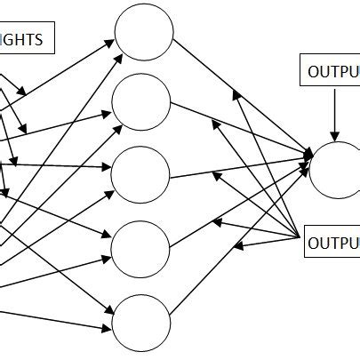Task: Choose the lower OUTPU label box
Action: tap(332, 241)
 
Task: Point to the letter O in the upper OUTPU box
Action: tap(313, 72)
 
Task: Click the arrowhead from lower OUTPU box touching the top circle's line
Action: tap(236, 90)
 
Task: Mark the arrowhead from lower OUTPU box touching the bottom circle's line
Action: tap(238, 246)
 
